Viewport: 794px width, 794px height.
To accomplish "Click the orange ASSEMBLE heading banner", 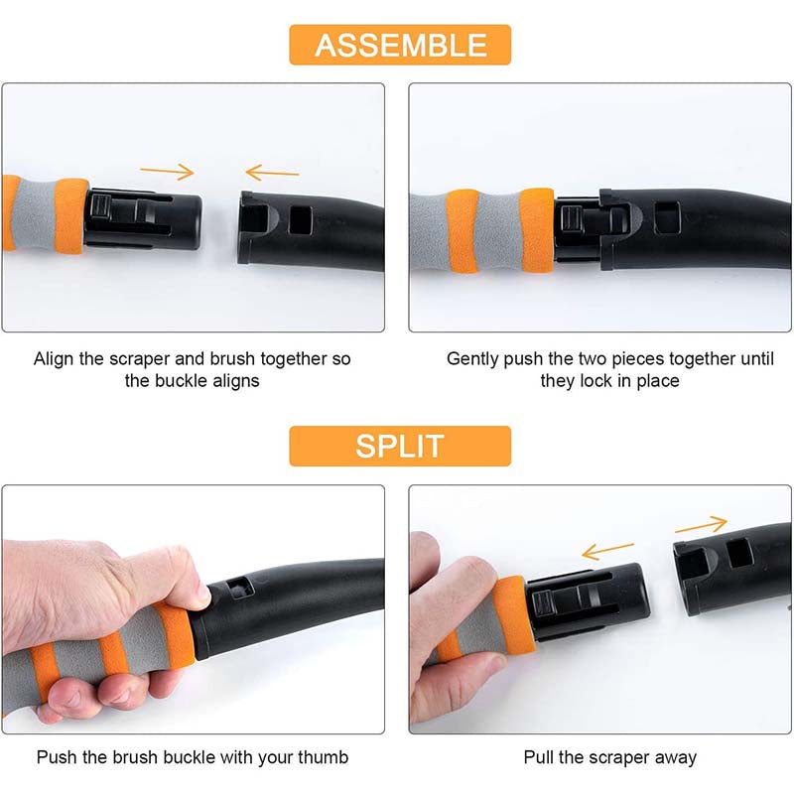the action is [400, 45].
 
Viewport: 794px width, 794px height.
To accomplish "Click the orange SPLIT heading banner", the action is [400, 446].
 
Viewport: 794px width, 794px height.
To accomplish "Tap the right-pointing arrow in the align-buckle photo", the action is [167, 172].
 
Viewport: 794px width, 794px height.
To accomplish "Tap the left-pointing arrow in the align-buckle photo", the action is [272, 172].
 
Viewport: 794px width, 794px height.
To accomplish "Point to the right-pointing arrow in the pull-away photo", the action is [702, 525].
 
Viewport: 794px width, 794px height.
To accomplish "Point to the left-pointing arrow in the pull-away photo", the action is [607, 551].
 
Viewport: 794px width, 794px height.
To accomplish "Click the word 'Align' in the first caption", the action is [54, 359].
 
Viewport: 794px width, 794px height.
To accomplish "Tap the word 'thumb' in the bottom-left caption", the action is [324, 757].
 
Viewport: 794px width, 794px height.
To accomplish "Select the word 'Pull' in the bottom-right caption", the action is [539, 757].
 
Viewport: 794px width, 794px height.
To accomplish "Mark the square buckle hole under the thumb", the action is [239, 588].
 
